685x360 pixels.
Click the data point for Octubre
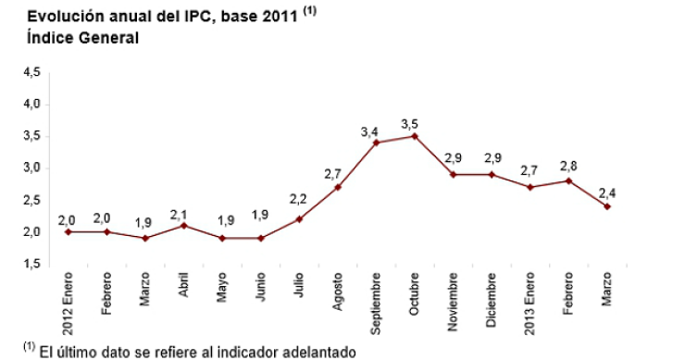(414, 136)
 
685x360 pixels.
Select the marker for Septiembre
(376, 143)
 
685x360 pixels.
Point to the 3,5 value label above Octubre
(411, 123)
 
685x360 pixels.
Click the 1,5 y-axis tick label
(31, 264)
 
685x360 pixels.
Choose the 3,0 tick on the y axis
(31, 168)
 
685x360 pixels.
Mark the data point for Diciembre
(491, 174)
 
